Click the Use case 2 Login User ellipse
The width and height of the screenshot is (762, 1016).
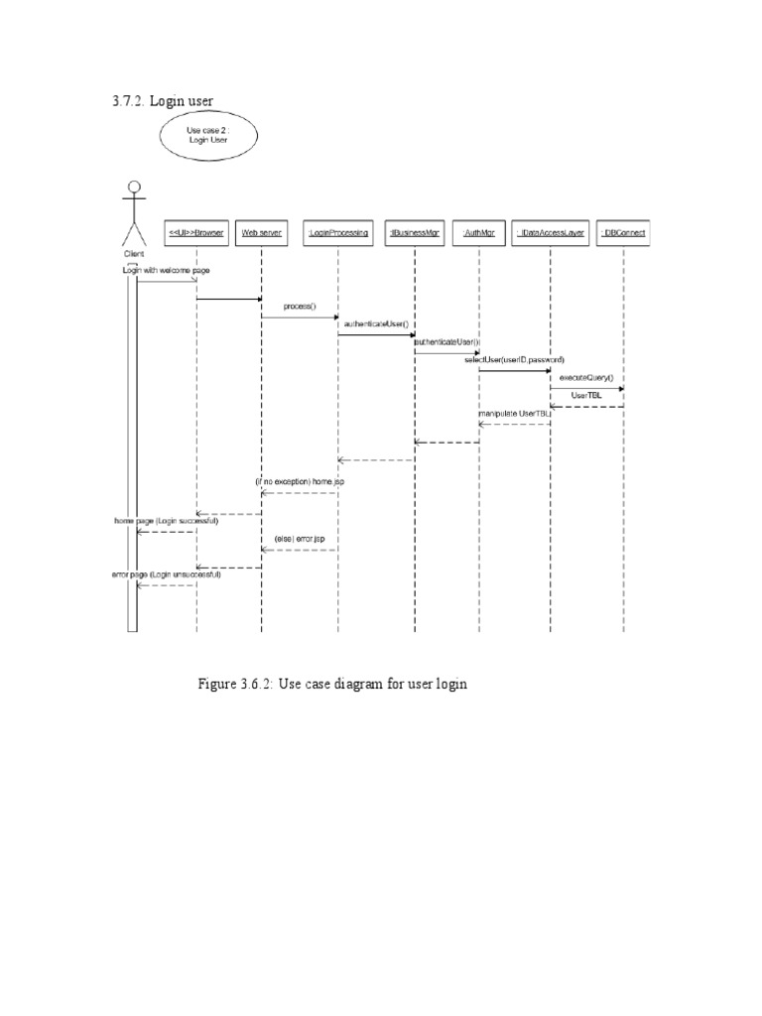[x=208, y=135]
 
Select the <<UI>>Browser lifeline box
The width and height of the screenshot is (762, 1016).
[x=196, y=233]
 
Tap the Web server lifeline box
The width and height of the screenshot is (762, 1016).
[x=261, y=233]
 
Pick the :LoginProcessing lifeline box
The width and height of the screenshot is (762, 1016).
[x=337, y=233]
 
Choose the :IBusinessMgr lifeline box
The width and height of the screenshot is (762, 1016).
[x=415, y=233]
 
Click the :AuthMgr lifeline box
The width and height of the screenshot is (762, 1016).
[x=479, y=233]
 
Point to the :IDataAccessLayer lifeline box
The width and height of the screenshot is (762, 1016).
[x=551, y=233]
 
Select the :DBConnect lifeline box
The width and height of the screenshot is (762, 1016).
[x=624, y=233]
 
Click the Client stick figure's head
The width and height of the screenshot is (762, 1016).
[x=134, y=188]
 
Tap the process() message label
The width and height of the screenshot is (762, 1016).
[x=299, y=307]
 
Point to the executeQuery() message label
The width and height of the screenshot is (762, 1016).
[x=586, y=377]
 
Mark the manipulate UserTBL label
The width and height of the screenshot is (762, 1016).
[x=514, y=413]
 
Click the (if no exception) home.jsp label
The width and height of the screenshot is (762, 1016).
[x=299, y=481]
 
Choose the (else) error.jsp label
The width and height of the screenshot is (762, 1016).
[x=300, y=539]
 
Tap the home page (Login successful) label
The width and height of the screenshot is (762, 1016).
[x=166, y=520]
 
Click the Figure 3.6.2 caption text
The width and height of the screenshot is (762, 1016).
[x=332, y=685]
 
